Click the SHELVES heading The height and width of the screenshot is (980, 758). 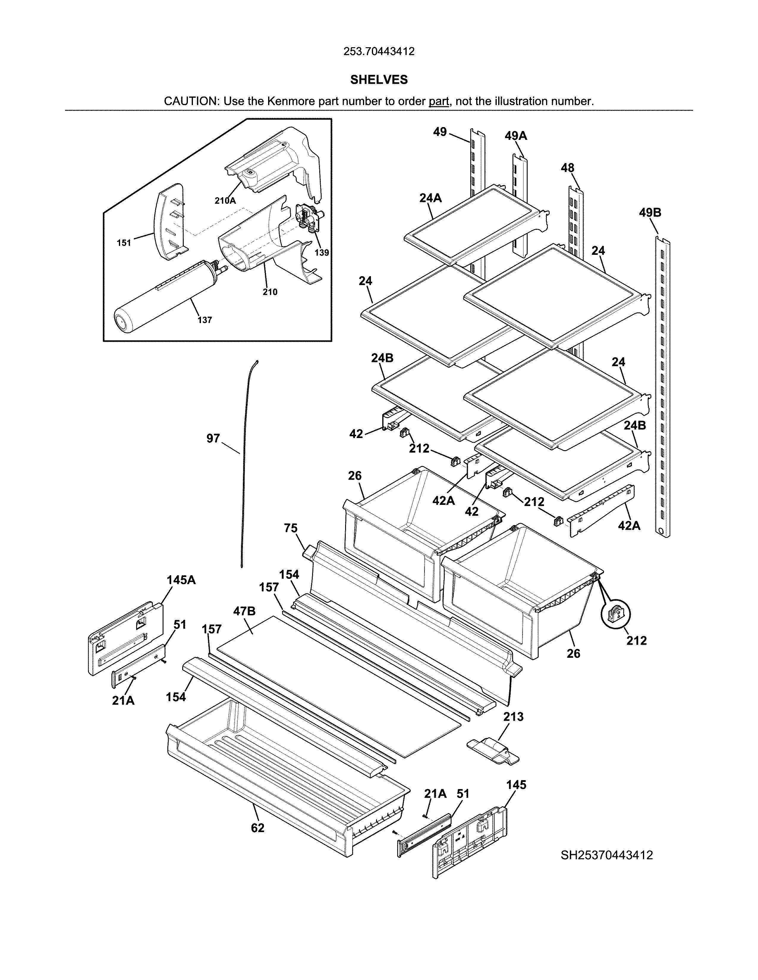(378, 80)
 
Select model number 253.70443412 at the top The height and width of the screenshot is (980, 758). (378, 52)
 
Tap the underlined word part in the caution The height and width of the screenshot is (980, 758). (439, 101)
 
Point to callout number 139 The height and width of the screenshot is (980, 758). (322, 253)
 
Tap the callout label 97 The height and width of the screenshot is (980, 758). (213, 438)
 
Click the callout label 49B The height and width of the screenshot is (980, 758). (650, 212)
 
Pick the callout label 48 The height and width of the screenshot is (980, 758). (567, 168)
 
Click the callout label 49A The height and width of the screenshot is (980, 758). (515, 135)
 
